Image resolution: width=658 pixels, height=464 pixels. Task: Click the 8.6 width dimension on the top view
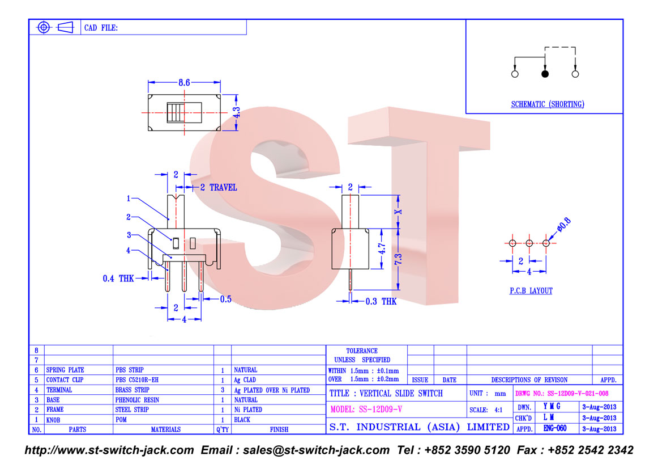tap(184, 82)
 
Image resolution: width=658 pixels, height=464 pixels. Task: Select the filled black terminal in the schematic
tap(545, 74)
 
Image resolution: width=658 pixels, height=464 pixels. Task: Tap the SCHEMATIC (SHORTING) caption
tap(547, 104)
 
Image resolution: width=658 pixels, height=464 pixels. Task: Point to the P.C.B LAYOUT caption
tap(531, 291)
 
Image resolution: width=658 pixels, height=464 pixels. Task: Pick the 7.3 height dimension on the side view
tap(398, 259)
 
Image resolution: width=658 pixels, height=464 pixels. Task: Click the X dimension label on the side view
tap(398, 212)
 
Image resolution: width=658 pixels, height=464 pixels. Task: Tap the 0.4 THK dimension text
tap(118, 279)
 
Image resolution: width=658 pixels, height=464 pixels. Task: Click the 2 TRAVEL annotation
tap(218, 187)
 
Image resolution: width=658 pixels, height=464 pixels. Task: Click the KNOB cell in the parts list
tap(53, 420)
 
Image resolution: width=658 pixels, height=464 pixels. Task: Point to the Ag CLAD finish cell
tap(245, 380)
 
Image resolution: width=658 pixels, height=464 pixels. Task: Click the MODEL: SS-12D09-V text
tap(366, 410)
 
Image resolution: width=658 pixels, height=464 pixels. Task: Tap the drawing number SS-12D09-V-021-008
tap(578, 394)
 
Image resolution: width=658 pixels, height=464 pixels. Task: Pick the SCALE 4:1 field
tap(486, 410)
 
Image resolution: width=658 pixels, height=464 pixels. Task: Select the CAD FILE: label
tap(101, 28)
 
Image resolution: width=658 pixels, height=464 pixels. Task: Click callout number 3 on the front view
tap(129, 235)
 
